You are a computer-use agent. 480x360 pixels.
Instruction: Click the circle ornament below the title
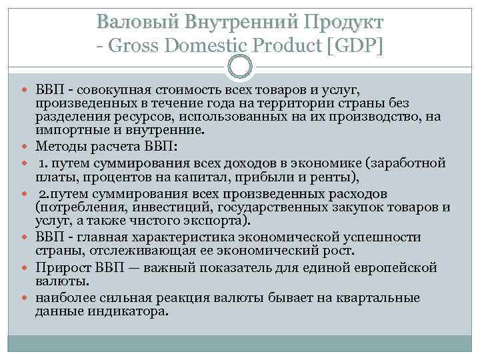240,66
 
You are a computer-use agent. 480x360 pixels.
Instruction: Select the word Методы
61,147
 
